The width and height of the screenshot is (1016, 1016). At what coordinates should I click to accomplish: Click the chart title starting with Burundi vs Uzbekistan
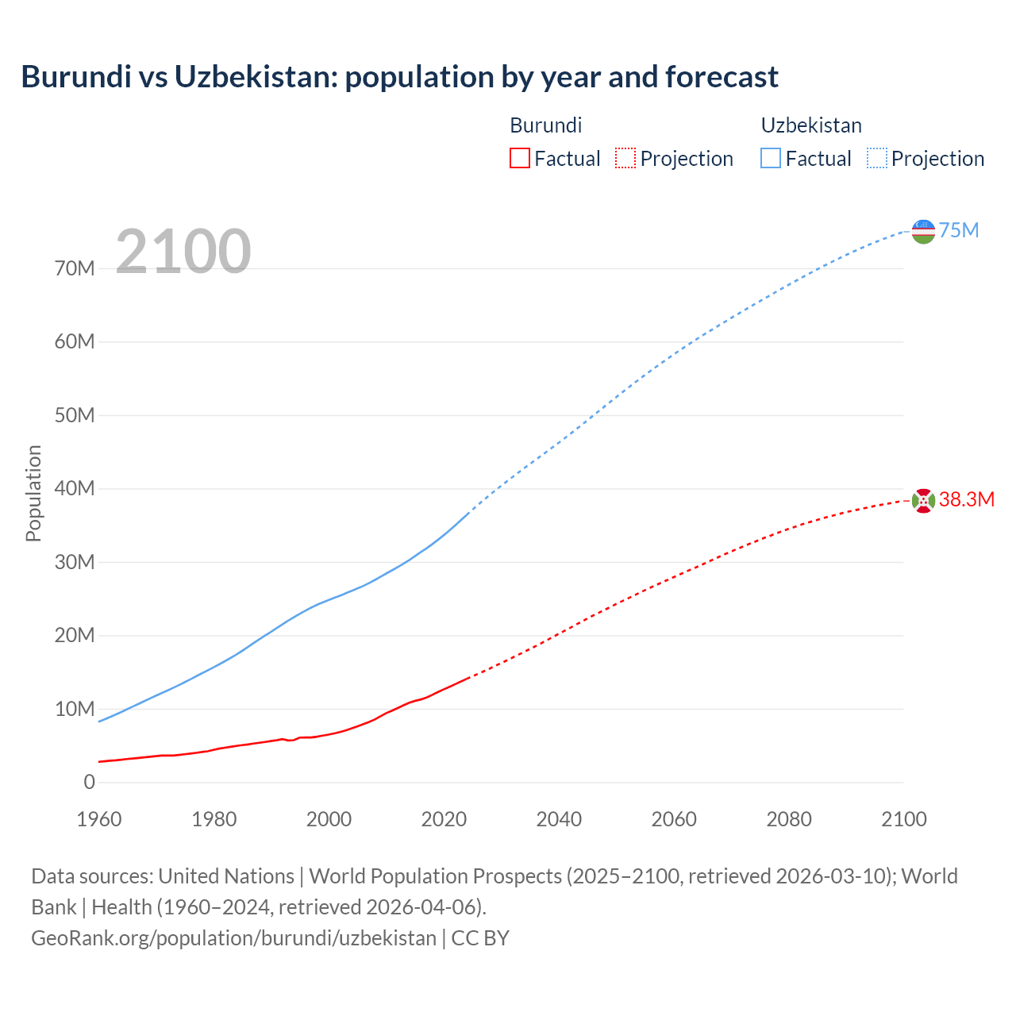(x=399, y=77)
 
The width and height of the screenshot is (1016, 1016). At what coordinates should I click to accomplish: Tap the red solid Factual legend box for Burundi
(x=519, y=158)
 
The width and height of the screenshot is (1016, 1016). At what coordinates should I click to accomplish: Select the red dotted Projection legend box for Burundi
(x=625, y=158)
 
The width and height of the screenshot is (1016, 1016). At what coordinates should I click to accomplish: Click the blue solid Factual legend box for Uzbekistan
(x=771, y=158)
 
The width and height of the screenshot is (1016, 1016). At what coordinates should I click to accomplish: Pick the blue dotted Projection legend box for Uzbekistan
(x=877, y=158)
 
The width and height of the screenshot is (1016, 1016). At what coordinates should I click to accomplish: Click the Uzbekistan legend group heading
(x=811, y=125)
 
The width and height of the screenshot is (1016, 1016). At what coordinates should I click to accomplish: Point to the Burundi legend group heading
(x=545, y=125)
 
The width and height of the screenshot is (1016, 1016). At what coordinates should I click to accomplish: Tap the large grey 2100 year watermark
(x=183, y=252)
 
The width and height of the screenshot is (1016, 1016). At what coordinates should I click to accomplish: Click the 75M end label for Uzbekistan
(x=959, y=230)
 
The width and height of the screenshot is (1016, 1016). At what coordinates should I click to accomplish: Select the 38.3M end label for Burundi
(x=966, y=499)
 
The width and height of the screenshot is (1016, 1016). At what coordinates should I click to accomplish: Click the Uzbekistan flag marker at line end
(x=923, y=231)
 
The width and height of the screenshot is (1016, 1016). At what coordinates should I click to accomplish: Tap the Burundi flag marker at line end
(x=923, y=500)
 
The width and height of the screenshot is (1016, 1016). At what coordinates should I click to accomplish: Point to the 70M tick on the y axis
(x=75, y=268)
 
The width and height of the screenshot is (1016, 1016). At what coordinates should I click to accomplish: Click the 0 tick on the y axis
(x=89, y=782)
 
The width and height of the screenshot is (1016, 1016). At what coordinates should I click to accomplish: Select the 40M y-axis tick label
(x=75, y=488)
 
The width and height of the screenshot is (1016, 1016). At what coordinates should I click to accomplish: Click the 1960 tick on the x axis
(x=99, y=819)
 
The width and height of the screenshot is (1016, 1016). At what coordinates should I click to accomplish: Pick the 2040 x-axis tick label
(x=559, y=819)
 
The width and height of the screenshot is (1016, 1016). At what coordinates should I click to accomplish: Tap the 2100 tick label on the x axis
(x=903, y=819)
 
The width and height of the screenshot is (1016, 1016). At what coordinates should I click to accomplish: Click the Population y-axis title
(x=33, y=493)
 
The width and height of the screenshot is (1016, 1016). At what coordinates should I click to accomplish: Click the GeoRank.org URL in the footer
(x=233, y=937)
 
